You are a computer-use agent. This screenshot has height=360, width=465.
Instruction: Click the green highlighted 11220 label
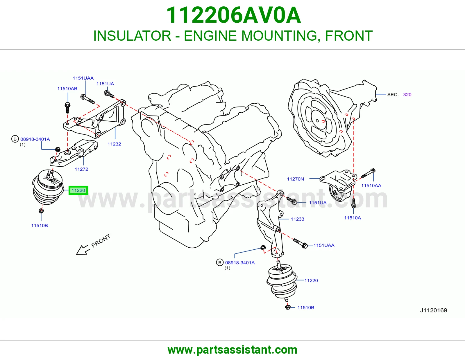coord(78,190)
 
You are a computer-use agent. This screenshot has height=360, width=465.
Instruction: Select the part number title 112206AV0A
coord(233,15)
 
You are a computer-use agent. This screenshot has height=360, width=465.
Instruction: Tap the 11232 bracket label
coord(114,144)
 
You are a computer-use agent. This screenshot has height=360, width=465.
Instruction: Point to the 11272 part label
coord(81,169)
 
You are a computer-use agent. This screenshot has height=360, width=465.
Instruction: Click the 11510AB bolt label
coord(67,89)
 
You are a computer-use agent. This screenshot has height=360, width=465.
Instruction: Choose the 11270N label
coord(295,179)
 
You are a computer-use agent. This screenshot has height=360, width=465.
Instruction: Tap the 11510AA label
coord(371,186)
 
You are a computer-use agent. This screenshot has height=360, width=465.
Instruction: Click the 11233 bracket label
coord(297,219)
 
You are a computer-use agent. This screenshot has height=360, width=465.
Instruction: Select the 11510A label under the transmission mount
coord(353,218)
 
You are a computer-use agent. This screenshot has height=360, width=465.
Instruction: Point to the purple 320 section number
coord(407,94)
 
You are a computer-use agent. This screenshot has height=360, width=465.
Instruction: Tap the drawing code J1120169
coord(434,310)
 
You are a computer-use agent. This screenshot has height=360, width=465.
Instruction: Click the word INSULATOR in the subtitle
coord(132,36)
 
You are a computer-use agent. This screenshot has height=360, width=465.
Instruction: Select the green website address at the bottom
coord(233,350)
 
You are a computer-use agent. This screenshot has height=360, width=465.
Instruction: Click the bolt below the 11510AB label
coord(67,107)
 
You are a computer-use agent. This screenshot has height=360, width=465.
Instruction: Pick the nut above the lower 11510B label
coord(288,307)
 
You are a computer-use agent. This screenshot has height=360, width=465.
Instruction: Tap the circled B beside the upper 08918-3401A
coord(15,139)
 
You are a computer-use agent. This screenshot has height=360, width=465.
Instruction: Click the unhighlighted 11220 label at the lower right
coord(311,280)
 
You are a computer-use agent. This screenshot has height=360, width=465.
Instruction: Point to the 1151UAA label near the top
coord(83,78)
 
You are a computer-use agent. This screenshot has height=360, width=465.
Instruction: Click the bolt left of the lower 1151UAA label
coord(300,243)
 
